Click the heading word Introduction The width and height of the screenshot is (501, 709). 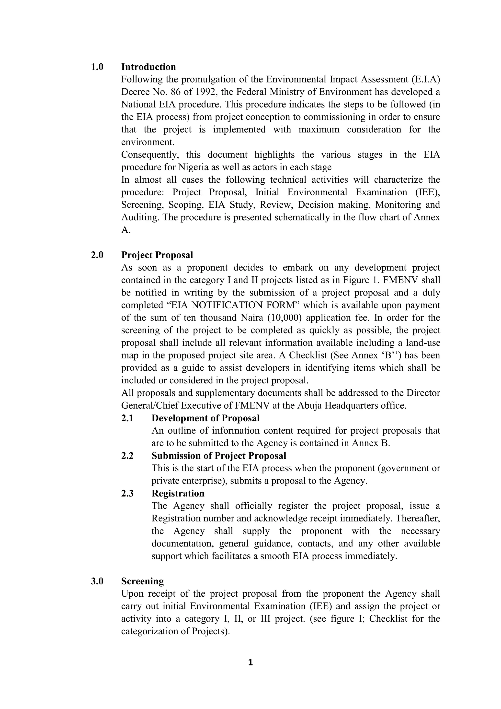point(148,67)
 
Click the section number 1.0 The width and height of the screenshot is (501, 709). point(97,67)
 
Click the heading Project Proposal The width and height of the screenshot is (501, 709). point(157,255)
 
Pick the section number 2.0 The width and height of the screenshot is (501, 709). point(97,255)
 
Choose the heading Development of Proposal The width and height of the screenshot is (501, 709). point(205,418)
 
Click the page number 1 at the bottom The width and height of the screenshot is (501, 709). point(250,662)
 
